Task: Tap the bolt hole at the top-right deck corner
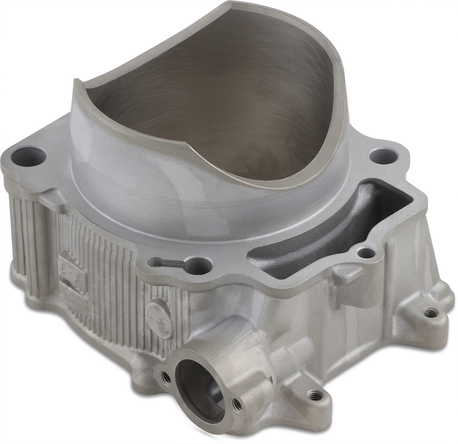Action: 384,156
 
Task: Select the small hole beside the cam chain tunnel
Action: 367,253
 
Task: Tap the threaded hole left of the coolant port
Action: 165,377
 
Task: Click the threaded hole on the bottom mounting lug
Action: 313,394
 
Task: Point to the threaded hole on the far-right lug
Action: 430,312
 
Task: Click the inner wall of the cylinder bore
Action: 225,99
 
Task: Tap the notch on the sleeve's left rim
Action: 77,82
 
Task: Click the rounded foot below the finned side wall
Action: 143,363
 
